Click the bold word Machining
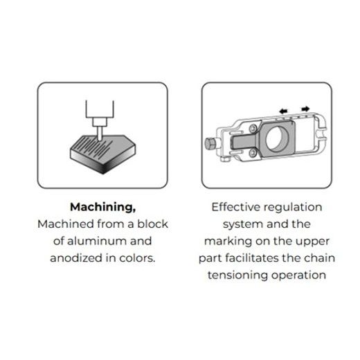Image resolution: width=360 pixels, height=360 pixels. point(102,208)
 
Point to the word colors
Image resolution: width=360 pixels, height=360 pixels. point(137,258)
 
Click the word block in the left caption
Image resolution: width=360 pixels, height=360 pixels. point(153,224)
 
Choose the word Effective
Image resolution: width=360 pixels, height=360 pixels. point(235,207)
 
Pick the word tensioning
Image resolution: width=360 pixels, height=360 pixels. point(237,276)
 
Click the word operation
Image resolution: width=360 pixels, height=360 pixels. point(298,276)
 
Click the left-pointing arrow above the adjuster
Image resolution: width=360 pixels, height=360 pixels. point(283,111)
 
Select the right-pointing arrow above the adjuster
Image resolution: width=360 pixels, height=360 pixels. point(305,109)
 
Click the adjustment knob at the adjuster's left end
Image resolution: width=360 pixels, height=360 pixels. point(210,143)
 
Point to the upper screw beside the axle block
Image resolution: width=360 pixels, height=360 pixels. point(253,128)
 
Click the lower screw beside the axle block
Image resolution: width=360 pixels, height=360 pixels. point(253,152)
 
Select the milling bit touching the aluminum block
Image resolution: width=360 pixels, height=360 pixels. point(100,134)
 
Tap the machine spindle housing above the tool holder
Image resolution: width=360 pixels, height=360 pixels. point(100,109)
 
